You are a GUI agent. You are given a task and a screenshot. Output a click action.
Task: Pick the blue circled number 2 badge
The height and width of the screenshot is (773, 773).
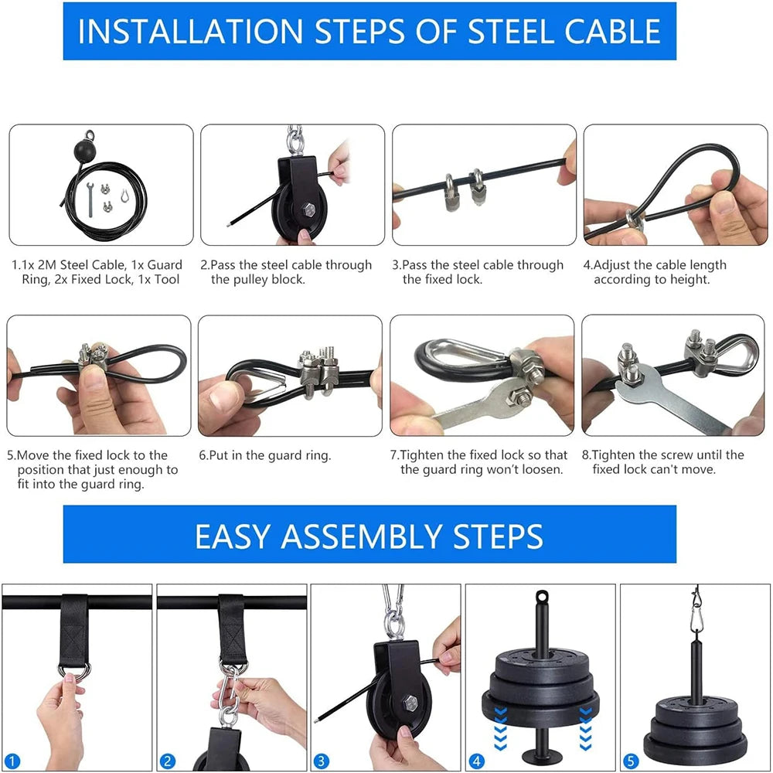click(x=169, y=760)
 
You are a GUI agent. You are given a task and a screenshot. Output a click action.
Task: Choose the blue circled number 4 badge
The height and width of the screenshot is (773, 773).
click(x=477, y=760)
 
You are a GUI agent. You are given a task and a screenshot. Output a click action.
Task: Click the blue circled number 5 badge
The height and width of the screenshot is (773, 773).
click(x=632, y=760)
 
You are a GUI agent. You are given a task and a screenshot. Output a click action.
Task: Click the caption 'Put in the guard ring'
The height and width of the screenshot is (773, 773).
click(x=264, y=455)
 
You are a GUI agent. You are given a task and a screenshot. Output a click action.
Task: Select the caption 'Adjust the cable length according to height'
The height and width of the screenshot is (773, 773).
click(x=655, y=272)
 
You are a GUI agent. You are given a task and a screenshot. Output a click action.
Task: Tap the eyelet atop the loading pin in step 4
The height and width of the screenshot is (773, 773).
click(x=540, y=598)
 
